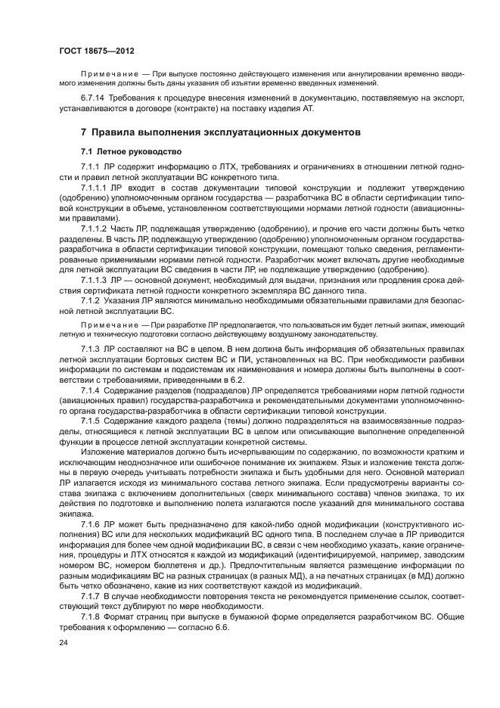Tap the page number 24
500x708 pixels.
click(64, 642)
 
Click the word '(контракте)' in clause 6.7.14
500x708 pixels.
click(199, 109)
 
